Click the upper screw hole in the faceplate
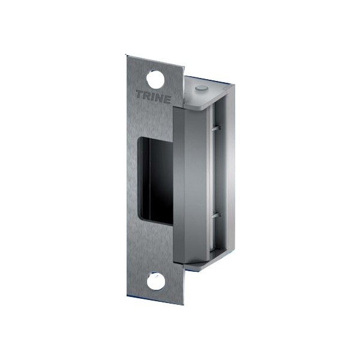tap(155, 79)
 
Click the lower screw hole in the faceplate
tap(156, 281)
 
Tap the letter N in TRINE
tap(160, 98)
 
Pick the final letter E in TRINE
tap(167, 100)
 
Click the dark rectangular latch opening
tap(157, 181)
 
